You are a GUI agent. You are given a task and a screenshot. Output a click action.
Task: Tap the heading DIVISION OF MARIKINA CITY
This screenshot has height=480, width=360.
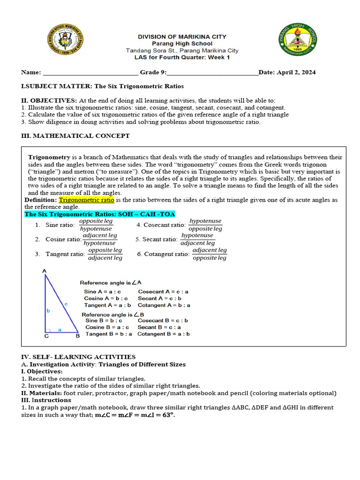(182, 37)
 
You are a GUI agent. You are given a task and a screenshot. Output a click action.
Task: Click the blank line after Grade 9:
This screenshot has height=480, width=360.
(212, 73)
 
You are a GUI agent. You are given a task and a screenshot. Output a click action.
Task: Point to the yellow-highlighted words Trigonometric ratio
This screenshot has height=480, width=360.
(86, 200)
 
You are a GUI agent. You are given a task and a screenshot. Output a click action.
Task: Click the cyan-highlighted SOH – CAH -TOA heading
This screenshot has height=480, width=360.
(99, 214)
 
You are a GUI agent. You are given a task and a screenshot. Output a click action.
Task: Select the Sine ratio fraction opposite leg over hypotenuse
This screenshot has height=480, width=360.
(96, 225)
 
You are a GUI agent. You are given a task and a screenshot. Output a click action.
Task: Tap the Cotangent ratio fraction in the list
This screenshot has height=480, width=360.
(210, 254)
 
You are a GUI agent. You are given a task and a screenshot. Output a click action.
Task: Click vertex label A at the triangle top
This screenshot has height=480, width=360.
(45, 271)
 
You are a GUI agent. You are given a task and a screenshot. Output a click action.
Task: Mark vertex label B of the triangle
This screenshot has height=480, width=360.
(77, 336)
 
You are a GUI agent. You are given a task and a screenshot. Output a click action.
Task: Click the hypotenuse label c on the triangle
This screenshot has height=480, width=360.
(66, 304)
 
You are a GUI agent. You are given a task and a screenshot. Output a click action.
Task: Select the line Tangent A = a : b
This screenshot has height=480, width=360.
(104, 305)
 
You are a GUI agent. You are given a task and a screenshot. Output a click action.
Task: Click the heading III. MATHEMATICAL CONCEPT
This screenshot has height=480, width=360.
(75, 136)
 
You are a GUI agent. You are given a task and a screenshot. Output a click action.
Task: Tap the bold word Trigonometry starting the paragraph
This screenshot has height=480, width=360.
(49, 157)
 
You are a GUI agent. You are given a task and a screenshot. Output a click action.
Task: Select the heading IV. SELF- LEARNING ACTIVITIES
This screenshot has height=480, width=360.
(78, 357)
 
